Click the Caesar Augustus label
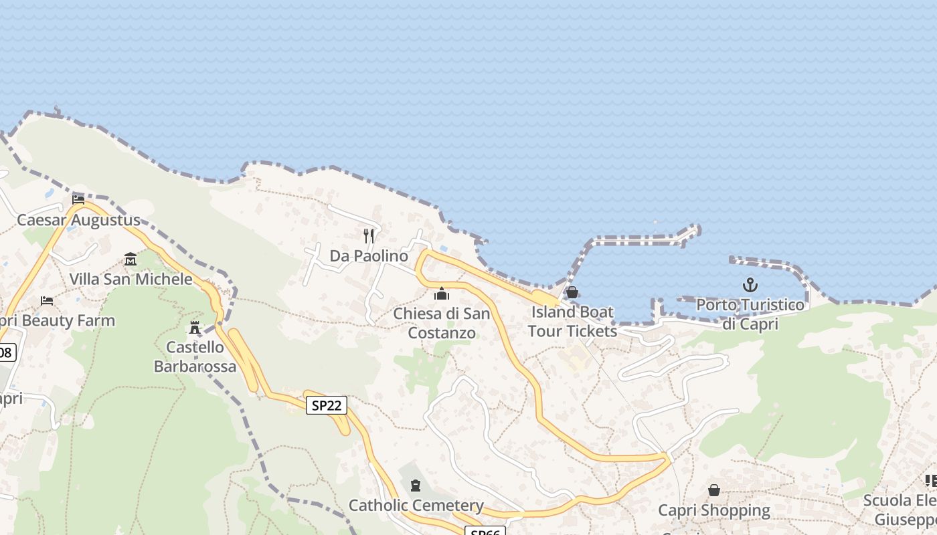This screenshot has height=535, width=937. point(78,220)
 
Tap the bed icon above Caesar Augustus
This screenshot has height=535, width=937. point(78,199)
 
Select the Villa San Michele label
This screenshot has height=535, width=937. point(131,279)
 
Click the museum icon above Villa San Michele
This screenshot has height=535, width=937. point(131,259)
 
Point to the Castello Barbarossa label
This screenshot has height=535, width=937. point(195,356)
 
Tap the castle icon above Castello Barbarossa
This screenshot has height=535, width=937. point(195,328)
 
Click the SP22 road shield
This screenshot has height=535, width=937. point(327,405)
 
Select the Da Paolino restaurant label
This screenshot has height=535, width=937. point(369,256)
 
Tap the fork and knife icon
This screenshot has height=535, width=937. point(369,236)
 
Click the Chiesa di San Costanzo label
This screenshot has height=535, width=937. point(442,323)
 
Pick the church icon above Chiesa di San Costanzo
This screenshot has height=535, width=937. point(442,294)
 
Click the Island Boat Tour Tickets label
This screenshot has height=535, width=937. point(572,322)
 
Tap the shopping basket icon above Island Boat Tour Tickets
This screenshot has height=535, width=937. point(572,292)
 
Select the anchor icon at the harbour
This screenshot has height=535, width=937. point(750,286)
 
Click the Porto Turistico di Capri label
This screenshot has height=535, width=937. point(750,314)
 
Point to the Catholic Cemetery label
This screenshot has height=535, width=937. point(416,505)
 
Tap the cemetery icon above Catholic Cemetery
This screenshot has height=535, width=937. point(416,485)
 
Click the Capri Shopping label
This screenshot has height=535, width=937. point(714,510)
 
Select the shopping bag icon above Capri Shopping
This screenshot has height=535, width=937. point(714,490)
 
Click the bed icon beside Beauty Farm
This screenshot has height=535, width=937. point(47,301)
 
